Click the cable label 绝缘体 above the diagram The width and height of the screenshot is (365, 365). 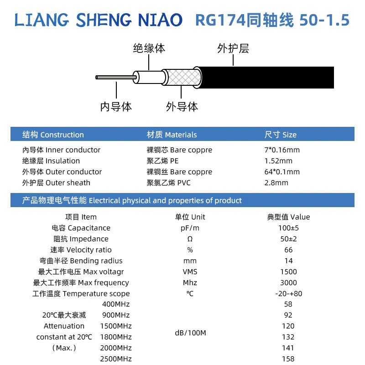(149, 48)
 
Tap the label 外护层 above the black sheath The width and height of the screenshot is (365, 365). (233, 48)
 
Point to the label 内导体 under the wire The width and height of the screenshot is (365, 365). (116, 107)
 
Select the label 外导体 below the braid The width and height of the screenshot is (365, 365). (182, 107)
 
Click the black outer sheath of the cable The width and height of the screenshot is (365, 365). (266, 78)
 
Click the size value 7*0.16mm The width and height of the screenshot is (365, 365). (282, 150)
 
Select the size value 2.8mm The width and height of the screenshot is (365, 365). (276, 183)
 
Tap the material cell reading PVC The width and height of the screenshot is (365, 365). (184, 183)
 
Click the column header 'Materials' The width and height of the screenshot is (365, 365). (181, 135)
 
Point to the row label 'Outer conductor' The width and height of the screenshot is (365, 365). (73, 172)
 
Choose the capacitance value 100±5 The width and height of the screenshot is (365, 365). (288, 228)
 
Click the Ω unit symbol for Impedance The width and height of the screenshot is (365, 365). (190, 239)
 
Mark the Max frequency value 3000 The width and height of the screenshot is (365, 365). (288, 282)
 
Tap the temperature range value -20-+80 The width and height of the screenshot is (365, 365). (288, 293)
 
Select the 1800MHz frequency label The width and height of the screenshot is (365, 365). (116, 337)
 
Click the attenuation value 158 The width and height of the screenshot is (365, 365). (288, 359)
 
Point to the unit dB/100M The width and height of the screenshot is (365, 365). (190, 333)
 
